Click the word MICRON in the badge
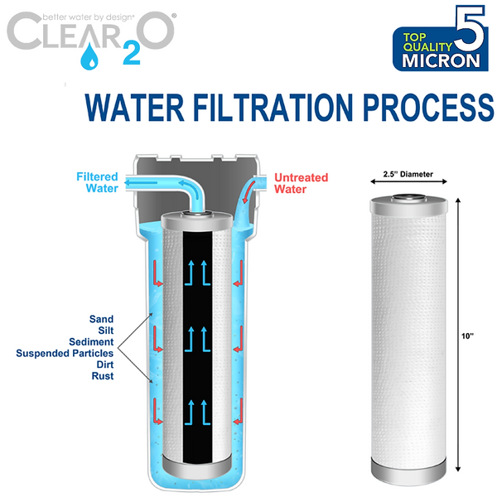pos(441,60)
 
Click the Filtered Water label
pos(97,182)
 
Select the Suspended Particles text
pos(65,353)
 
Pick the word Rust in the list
pos(103,376)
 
